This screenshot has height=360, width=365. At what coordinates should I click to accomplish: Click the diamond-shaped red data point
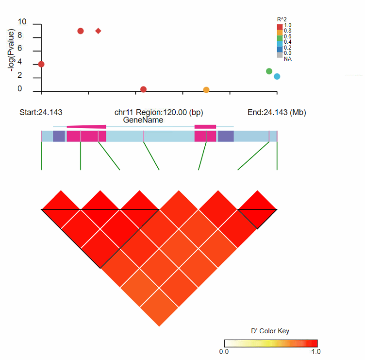point(99,31)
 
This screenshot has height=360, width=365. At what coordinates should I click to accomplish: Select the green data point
point(269,71)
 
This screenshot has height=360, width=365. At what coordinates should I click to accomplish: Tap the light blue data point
point(277,77)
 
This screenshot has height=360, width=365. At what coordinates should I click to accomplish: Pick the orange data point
point(206,90)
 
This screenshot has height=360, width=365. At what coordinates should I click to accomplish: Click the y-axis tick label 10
point(22,22)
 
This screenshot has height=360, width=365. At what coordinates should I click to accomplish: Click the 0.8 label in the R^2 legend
point(288,31)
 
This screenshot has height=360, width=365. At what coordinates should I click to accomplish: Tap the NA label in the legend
point(288,59)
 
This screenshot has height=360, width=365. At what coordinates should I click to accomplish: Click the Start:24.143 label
point(41,113)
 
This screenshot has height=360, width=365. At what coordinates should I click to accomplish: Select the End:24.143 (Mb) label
point(277,113)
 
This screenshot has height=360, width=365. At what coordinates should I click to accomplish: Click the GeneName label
point(143,120)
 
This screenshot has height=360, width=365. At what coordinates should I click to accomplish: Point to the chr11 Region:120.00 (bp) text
point(159,113)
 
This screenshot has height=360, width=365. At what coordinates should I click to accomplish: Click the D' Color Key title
point(270,331)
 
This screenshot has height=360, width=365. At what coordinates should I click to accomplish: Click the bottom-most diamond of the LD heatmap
point(159,307)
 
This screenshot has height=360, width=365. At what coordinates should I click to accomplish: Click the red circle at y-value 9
point(81,31)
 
